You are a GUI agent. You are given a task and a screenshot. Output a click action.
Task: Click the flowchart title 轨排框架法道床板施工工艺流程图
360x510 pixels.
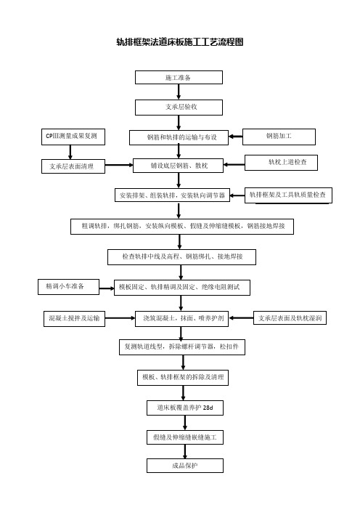click(180, 42)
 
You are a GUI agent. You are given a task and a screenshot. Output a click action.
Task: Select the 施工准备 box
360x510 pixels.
click(179, 78)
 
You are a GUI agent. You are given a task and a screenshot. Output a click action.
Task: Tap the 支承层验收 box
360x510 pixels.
click(179, 108)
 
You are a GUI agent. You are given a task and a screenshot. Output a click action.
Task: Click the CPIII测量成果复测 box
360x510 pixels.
click(73, 137)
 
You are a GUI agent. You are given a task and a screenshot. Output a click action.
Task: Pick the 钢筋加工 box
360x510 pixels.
click(279, 137)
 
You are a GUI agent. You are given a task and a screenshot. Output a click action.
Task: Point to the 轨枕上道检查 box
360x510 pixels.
click(281, 163)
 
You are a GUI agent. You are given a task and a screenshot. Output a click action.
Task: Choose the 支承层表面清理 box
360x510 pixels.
click(73, 166)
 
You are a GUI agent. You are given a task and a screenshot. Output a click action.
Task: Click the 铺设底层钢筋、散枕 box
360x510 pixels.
click(179, 166)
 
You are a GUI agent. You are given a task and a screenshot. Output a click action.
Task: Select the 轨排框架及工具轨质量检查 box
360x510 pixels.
click(288, 195)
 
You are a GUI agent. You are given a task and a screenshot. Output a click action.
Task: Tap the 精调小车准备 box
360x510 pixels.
click(68, 287)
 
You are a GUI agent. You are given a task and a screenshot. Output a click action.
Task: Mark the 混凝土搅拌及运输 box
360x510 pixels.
click(75, 318)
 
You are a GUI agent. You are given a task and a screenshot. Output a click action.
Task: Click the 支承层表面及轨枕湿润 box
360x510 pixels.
click(290, 317)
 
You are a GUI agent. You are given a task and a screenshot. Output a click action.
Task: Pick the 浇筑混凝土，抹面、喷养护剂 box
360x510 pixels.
click(181, 318)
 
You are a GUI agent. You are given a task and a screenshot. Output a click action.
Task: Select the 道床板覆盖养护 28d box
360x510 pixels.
click(185, 408)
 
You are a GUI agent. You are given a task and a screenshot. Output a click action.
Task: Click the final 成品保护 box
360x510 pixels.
click(185, 466)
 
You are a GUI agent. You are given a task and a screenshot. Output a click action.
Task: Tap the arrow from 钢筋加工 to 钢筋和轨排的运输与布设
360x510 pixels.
click(236, 137)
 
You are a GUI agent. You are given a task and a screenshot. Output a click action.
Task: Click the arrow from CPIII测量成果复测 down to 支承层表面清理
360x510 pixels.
click(70, 153)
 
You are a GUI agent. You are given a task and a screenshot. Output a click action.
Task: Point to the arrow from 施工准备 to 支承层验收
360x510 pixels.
click(179, 92)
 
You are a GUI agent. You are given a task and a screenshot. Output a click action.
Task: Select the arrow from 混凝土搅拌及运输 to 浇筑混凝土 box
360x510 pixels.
click(120, 318)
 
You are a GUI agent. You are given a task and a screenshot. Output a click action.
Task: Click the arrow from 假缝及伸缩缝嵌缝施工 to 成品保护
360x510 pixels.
click(185, 451)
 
